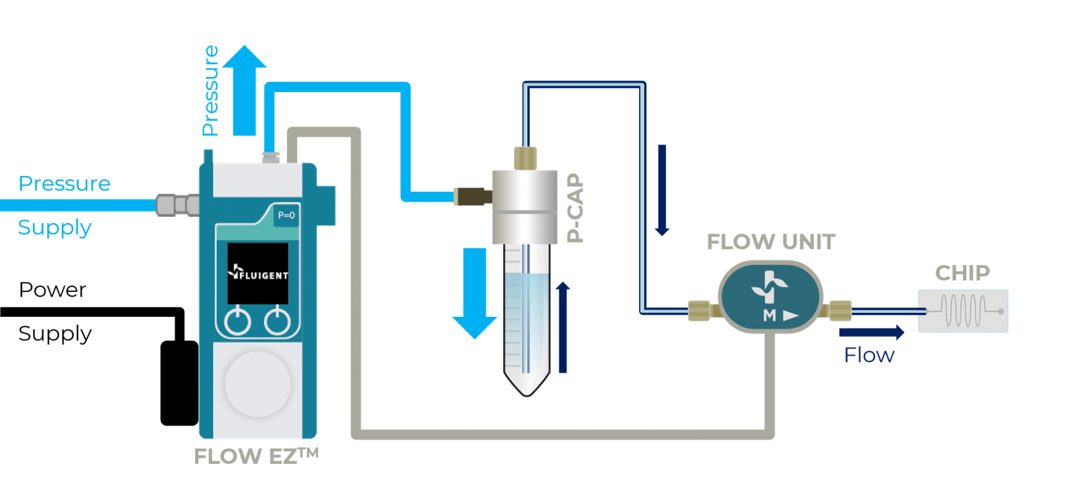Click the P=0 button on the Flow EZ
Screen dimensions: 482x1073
(286, 215)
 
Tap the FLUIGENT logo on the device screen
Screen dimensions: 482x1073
(258, 274)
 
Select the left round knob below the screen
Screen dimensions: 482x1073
(237, 322)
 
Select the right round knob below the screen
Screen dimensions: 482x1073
(277, 322)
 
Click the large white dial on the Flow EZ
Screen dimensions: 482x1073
(258, 384)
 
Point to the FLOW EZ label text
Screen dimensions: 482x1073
(256, 456)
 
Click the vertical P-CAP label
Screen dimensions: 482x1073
(575, 207)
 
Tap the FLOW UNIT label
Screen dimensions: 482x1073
(771, 242)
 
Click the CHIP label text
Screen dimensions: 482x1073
(962, 273)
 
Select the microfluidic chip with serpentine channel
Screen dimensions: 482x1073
(963, 311)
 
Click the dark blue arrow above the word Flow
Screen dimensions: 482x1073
(871, 332)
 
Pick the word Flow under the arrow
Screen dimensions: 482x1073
(868, 355)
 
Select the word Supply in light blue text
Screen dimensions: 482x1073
(54, 228)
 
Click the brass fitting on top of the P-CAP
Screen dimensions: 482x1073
(525, 158)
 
